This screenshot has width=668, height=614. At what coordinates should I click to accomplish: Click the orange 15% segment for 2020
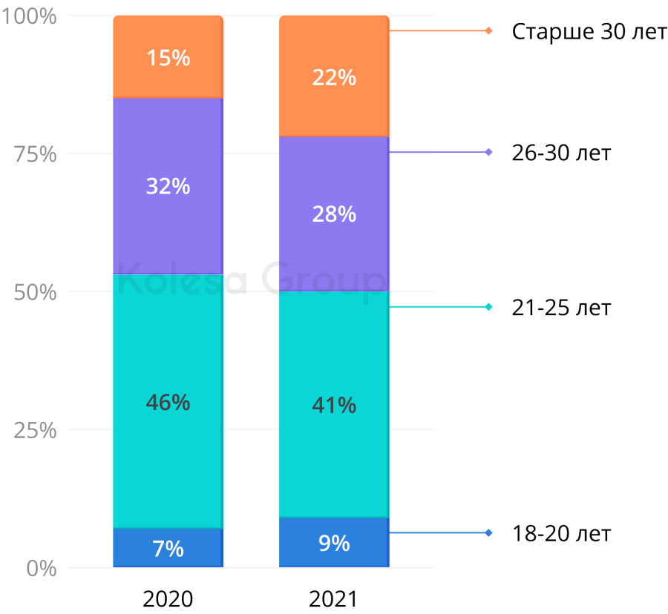coord(168,57)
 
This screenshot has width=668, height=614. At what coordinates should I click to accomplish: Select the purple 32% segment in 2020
coord(168,185)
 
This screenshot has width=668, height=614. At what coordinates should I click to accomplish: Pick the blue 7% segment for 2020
coord(168,548)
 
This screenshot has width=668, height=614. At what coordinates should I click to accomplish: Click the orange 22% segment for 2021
coord(334,76)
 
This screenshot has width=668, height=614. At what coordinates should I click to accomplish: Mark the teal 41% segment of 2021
coord(334,404)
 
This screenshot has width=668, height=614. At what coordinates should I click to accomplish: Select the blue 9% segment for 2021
coord(334,543)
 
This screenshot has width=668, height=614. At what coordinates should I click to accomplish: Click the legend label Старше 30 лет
coord(589,32)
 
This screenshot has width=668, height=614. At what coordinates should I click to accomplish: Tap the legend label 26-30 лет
coord(561,153)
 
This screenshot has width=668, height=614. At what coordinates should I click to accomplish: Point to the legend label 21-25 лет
coord(561,307)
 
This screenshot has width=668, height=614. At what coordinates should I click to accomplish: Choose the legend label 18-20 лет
coord(561,533)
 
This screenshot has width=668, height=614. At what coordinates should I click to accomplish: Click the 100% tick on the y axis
coord(30,16)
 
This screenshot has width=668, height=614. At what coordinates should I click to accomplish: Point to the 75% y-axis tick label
coord(35,154)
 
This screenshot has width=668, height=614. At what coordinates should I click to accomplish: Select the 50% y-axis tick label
coord(35,292)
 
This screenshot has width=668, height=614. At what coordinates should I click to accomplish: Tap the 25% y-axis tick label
coord(35,430)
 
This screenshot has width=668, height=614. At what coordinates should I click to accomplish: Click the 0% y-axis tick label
coord(40,568)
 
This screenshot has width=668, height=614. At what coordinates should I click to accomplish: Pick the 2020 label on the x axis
coord(168,598)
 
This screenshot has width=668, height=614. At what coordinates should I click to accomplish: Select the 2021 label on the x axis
coord(334,598)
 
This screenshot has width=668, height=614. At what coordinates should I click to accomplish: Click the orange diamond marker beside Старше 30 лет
coord(488,30)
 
